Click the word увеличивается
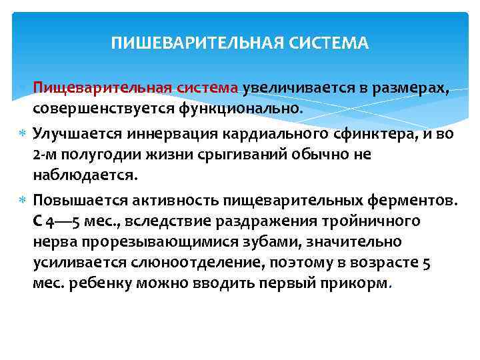294,87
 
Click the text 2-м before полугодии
44,155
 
